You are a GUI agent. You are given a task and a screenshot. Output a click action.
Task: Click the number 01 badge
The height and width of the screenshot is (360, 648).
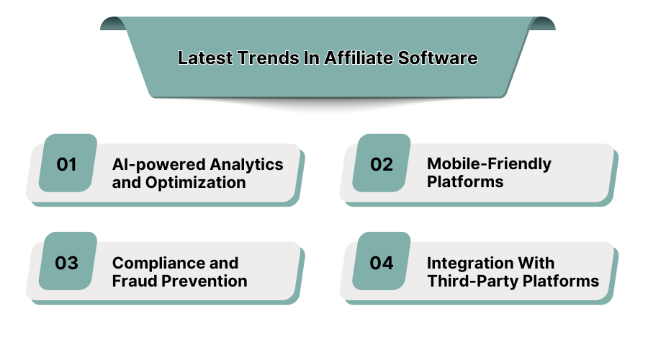[x=68, y=163]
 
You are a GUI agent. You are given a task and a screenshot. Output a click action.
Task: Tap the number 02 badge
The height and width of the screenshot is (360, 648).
[x=382, y=163]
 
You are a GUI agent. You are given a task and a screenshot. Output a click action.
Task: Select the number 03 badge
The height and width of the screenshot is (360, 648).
[x=68, y=262]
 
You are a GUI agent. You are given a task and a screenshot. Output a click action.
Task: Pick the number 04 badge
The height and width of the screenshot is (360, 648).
[x=382, y=262]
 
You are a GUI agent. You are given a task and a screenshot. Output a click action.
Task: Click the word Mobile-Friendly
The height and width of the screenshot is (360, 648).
[x=489, y=163]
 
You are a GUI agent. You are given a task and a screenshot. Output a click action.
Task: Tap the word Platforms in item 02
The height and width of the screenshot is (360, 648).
[x=465, y=181]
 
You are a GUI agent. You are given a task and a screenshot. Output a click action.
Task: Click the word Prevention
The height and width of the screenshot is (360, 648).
[x=204, y=281]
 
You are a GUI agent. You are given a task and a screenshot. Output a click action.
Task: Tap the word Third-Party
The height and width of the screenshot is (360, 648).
[x=466, y=281]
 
